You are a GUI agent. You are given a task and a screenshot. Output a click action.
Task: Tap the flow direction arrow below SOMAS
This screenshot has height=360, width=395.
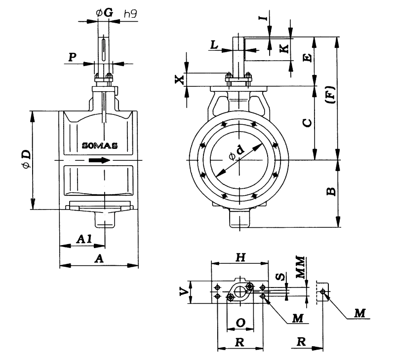[98, 160]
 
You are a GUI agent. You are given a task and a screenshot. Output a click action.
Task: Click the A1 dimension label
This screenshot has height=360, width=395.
[83, 239]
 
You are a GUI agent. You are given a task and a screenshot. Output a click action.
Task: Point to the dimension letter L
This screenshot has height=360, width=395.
[214, 45]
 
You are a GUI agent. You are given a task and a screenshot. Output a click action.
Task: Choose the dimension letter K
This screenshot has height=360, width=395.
[283, 48]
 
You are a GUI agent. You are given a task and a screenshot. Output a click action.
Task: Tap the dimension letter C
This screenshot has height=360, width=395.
[307, 123]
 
